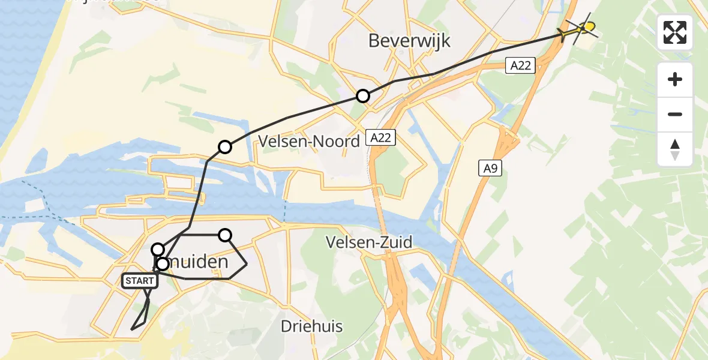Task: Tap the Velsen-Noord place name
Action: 309,141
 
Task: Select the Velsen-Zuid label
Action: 368,242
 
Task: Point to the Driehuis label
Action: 312,326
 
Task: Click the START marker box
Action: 139,281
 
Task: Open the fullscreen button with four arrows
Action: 674,32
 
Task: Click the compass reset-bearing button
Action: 674,149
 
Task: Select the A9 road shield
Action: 490,169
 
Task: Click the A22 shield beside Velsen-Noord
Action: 380,138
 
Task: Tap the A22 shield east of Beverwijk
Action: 520,65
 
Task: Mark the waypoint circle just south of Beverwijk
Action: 363,96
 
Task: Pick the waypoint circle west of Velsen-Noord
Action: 224,147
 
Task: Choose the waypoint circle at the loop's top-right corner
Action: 225,235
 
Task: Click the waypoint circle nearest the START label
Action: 162,264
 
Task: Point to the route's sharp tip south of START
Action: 131,329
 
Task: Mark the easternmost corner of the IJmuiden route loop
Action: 247,263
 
